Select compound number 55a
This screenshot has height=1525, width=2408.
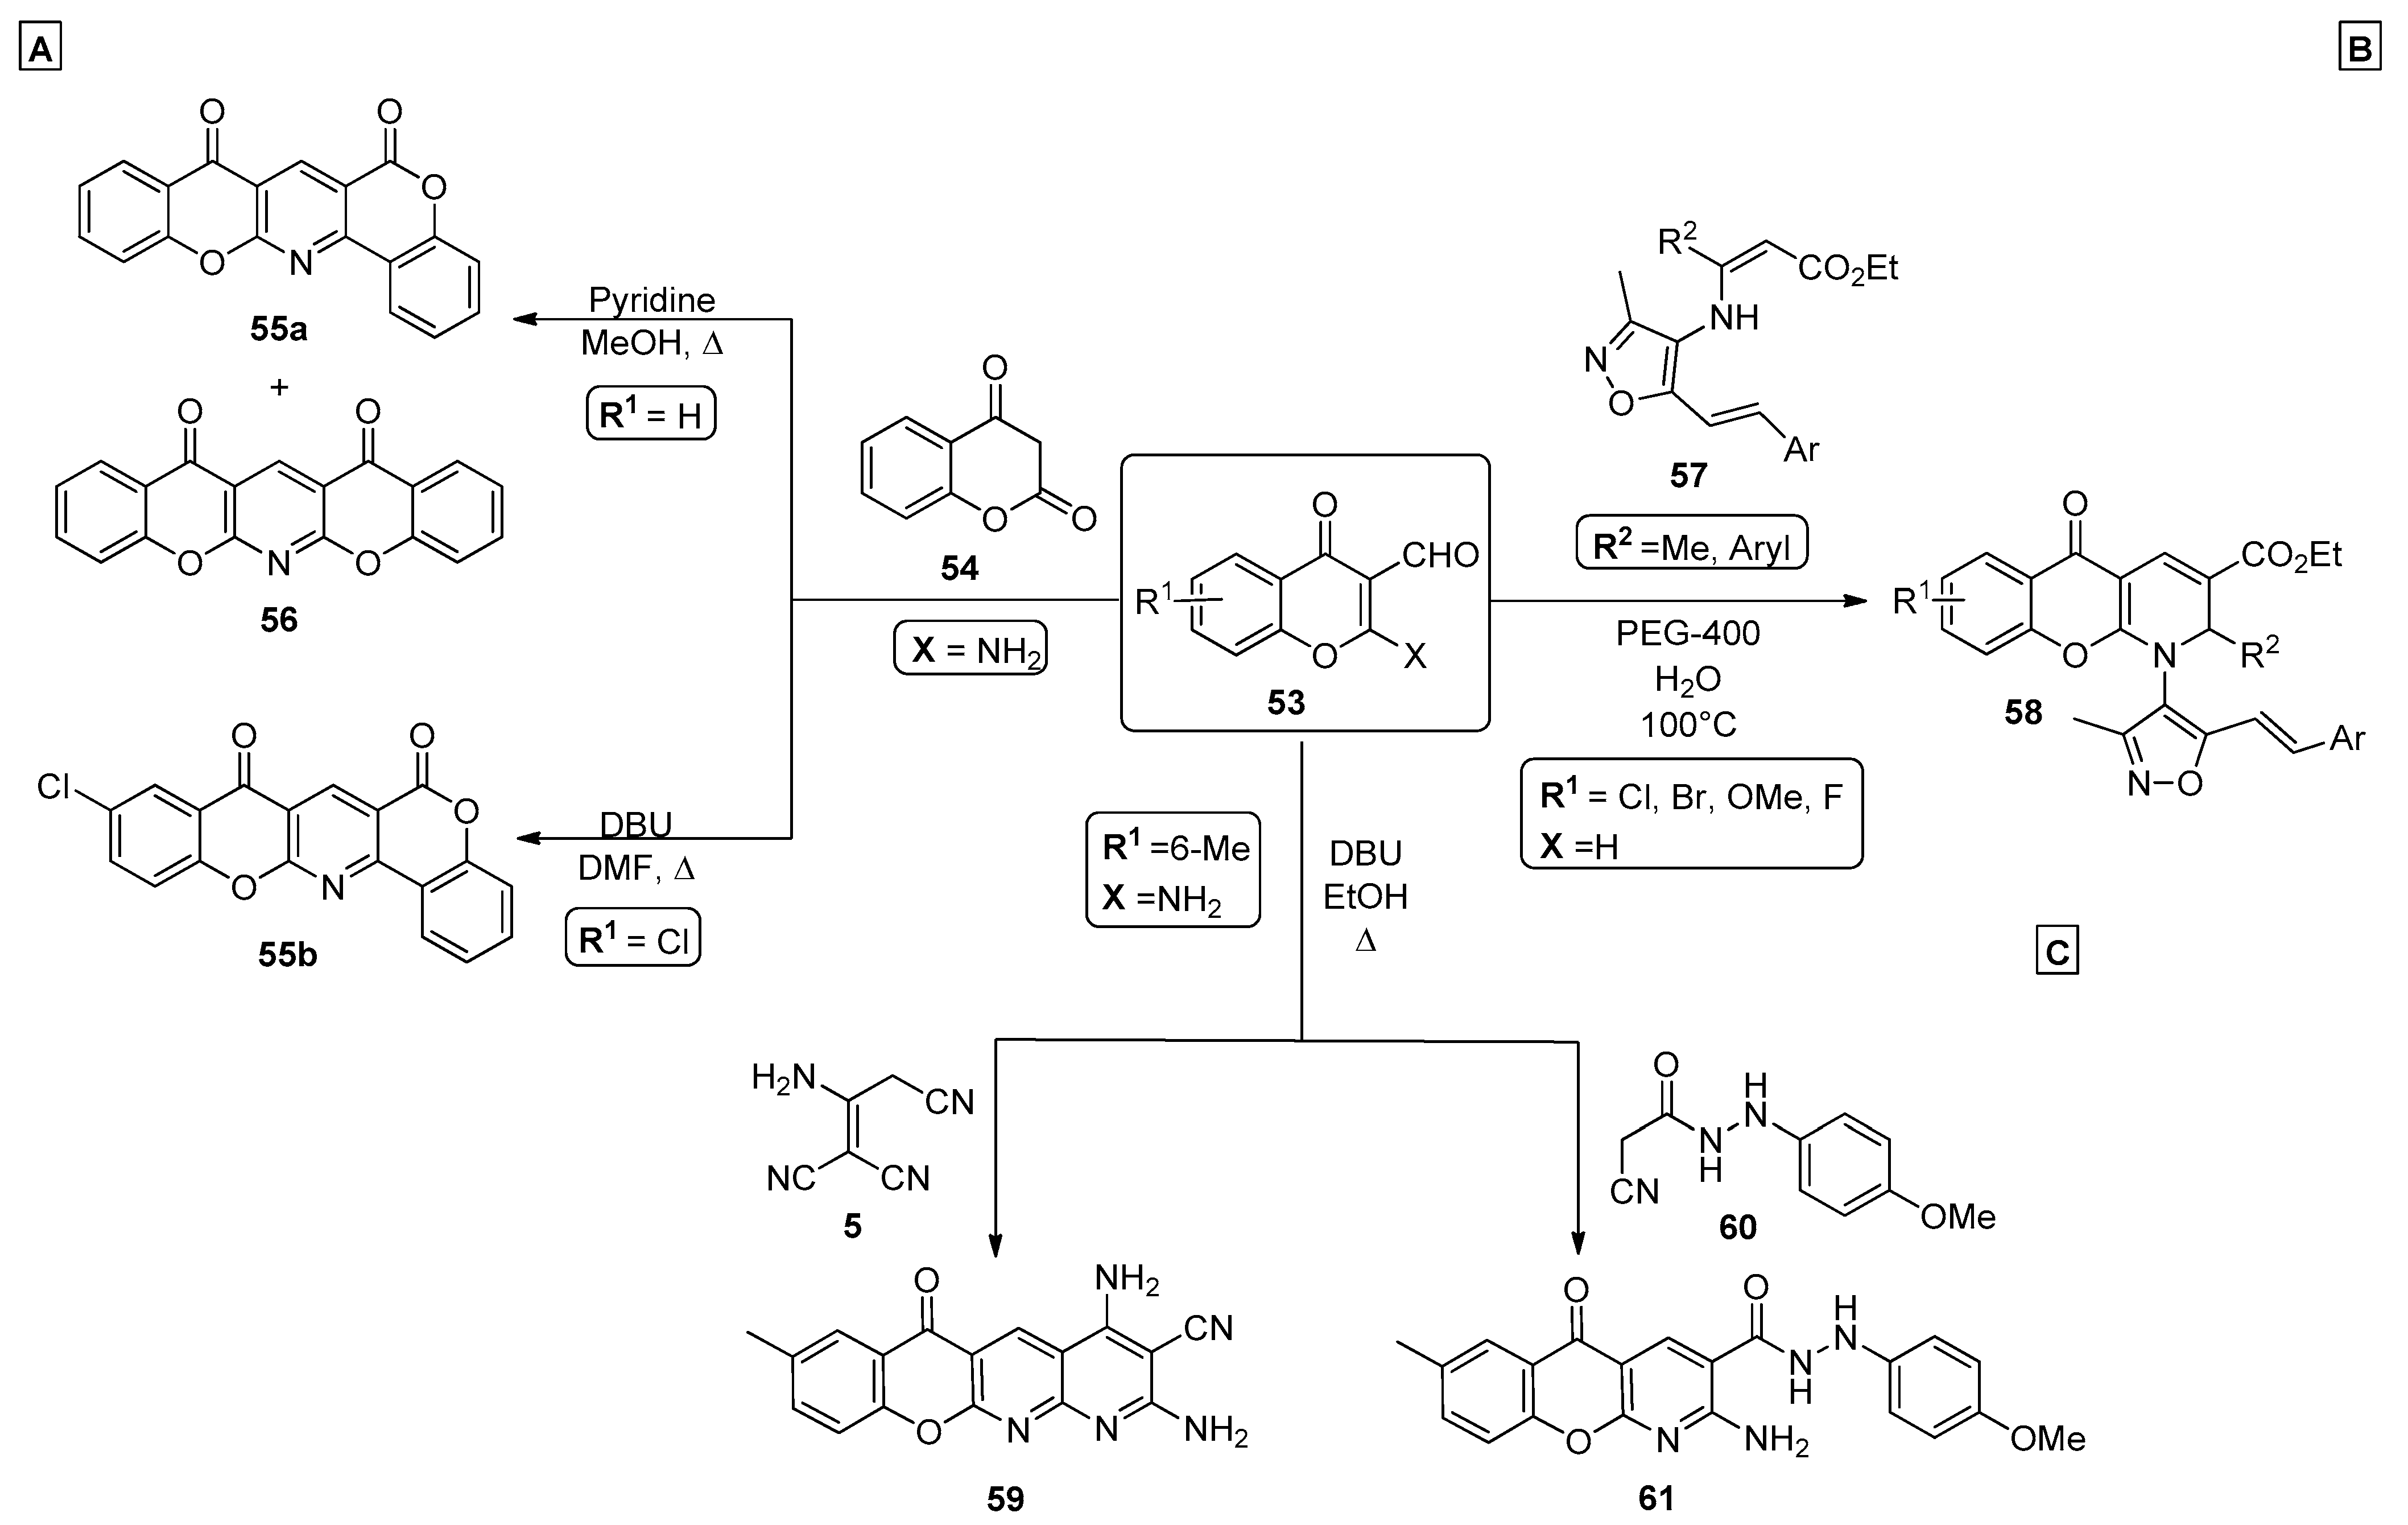click(x=278, y=328)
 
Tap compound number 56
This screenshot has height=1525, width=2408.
click(x=279, y=620)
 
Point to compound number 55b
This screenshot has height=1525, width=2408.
click(x=287, y=955)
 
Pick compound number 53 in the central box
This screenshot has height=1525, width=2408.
click(x=1286, y=703)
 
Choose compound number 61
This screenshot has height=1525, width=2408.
click(x=1656, y=1497)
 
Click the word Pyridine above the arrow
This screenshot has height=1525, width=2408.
click(x=652, y=300)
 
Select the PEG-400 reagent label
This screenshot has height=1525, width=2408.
click(x=1688, y=633)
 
